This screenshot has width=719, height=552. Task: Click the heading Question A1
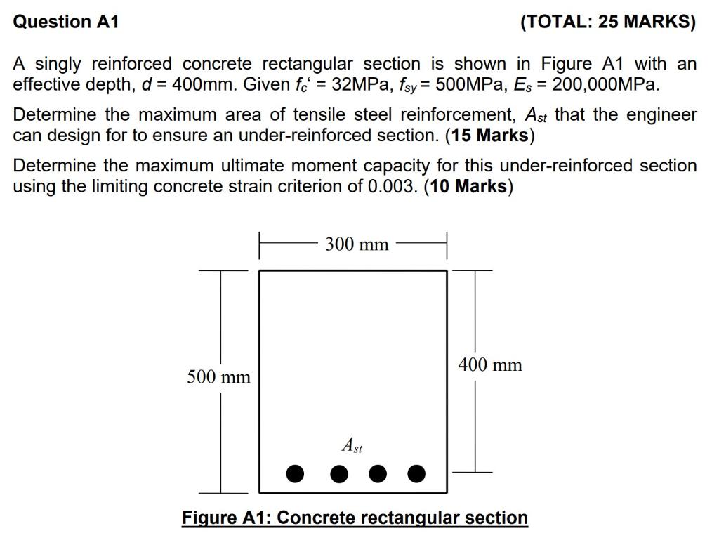tap(66, 22)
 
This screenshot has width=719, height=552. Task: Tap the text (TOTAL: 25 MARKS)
tap(608, 22)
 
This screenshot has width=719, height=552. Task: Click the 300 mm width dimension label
tap(357, 244)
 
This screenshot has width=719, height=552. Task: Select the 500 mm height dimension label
tap(218, 377)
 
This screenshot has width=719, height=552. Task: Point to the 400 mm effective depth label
tap(490, 364)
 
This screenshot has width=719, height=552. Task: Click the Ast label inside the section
tap(352, 445)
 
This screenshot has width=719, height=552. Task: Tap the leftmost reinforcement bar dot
tap(296, 474)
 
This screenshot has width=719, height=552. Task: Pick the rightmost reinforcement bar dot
tap(416, 474)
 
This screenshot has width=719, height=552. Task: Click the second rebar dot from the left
tap(339, 474)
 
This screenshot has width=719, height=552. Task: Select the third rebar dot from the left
tap(378, 474)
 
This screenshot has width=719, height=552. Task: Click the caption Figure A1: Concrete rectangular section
tap(355, 518)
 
